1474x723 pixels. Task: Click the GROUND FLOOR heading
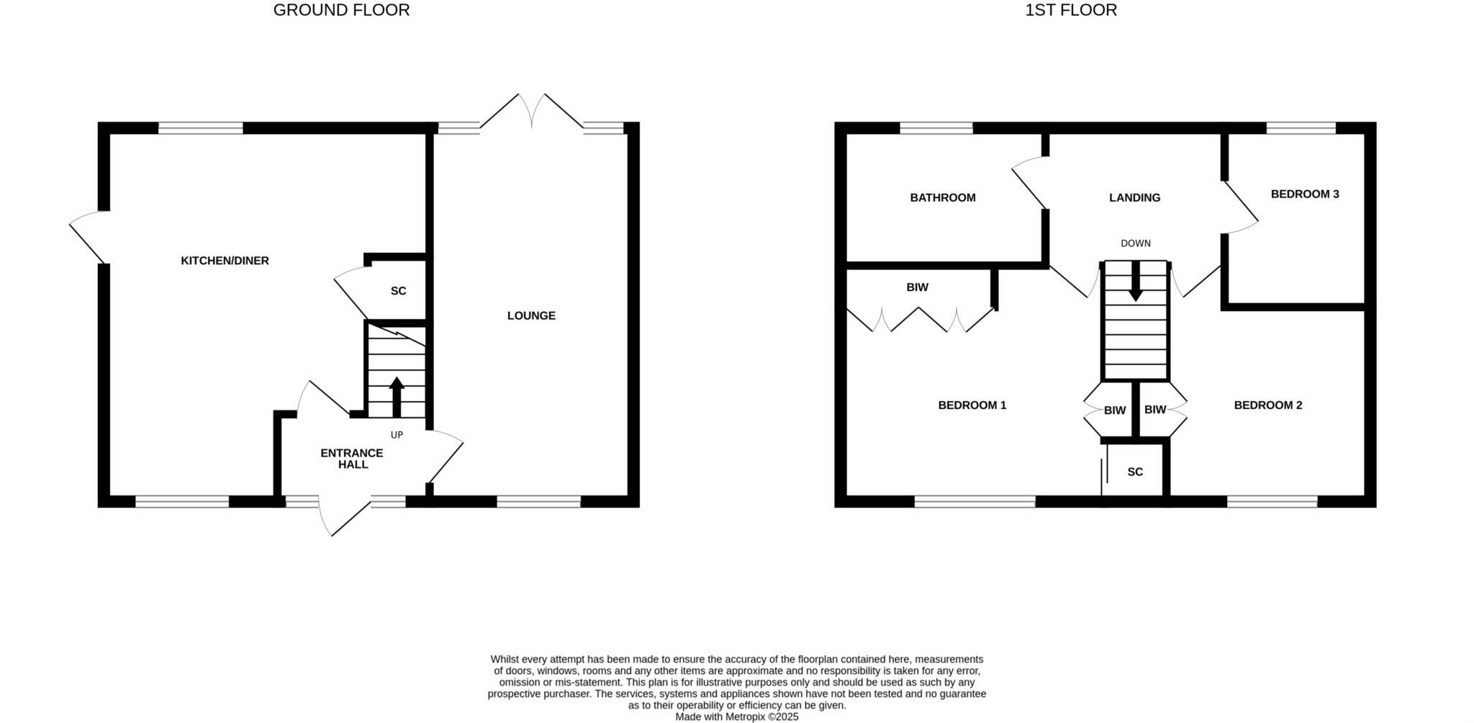[x=341, y=10]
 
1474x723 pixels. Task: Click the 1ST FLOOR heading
[x=1071, y=10]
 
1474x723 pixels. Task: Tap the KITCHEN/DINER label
[x=225, y=261]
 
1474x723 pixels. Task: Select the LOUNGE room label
[x=531, y=315]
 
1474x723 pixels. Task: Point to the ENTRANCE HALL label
[x=352, y=459]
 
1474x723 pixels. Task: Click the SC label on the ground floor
[x=398, y=291]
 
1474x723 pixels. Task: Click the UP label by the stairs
[x=397, y=435]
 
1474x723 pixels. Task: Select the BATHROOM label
[x=943, y=197]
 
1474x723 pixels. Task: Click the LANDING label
[x=1134, y=197]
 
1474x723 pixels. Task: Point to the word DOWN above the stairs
[x=1136, y=243]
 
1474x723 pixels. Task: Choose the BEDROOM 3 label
[x=1305, y=194]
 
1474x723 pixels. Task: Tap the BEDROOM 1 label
[x=972, y=405]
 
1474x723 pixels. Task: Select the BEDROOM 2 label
[x=1268, y=405]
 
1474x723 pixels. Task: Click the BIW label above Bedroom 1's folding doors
[x=917, y=287]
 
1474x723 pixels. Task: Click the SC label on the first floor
[x=1135, y=472]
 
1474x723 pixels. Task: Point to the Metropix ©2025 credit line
[x=736, y=717]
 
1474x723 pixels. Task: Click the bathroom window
[x=936, y=128]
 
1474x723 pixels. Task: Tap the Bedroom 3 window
[x=1301, y=128]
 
